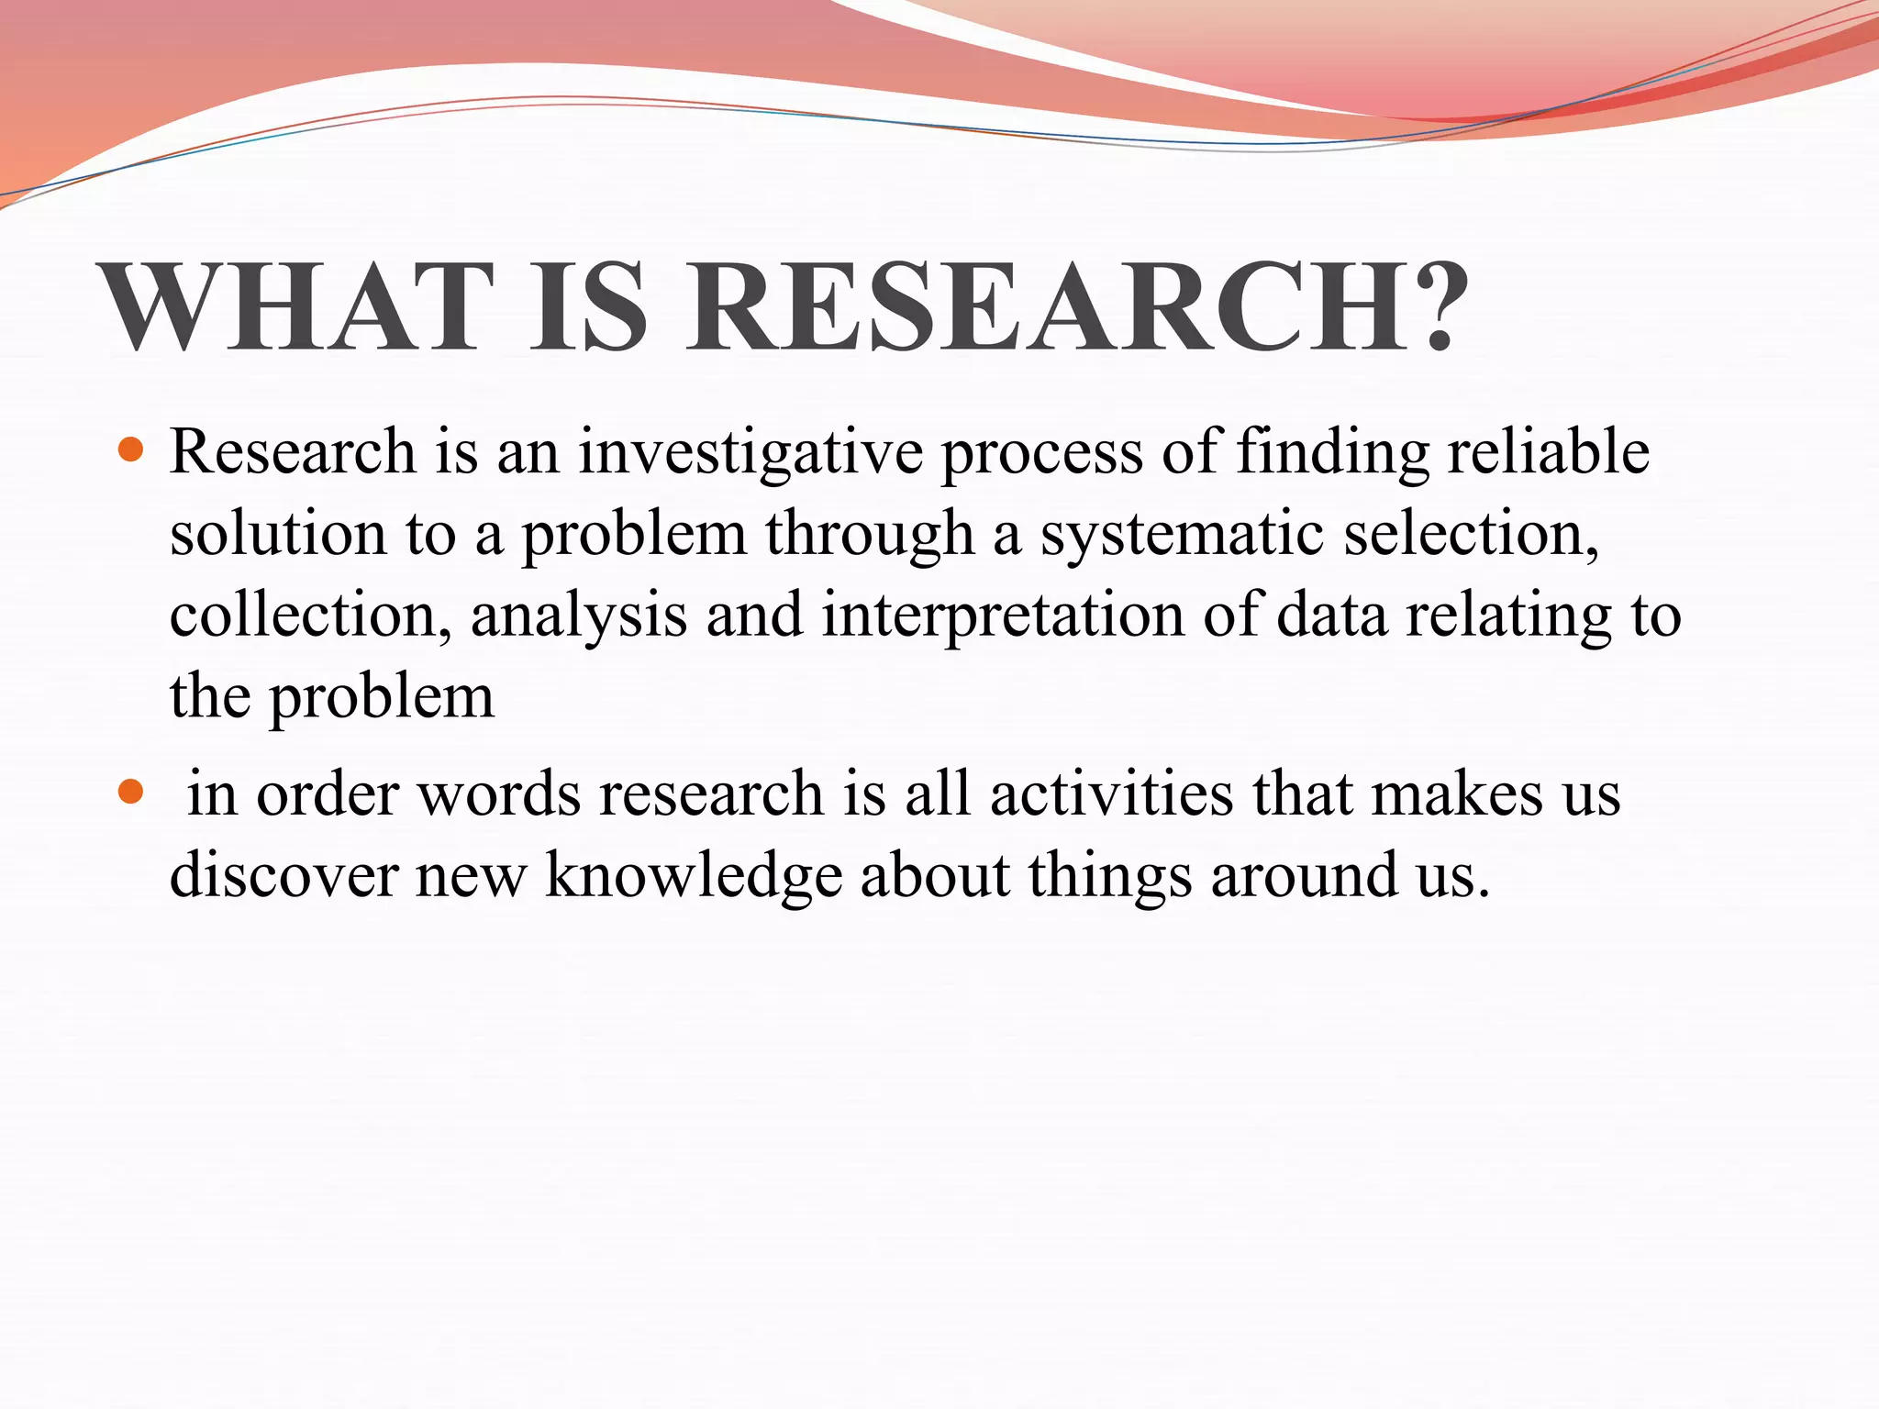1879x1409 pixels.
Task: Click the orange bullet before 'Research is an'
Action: pyautogui.click(x=132, y=449)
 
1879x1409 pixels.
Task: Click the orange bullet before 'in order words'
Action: pyautogui.click(x=132, y=791)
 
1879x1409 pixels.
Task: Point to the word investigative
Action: pyautogui.click(x=750, y=451)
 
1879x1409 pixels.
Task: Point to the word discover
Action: pyautogui.click(x=284, y=874)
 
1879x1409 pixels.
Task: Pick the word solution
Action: pyautogui.click(x=278, y=533)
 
